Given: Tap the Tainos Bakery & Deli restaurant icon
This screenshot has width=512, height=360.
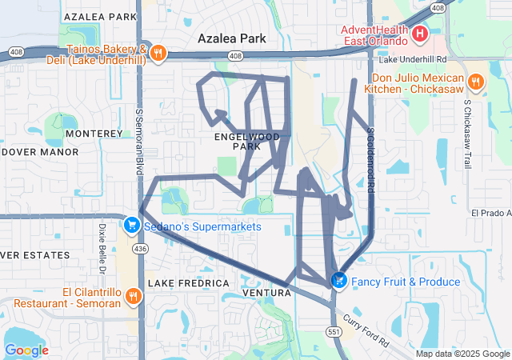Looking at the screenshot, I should pyautogui.click(x=159, y=53).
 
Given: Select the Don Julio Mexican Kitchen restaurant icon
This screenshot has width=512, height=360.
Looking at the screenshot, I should pyautogui.click(x=475, y=81).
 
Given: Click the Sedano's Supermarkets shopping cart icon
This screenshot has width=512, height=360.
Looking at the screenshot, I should pyautogui.click(x=131, y=226).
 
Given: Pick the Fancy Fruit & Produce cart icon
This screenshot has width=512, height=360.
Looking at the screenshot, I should pyautogui.click(x=339, y=281).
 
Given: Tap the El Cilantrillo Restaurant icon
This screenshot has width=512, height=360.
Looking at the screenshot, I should pyautogui.click(x=133, y=296).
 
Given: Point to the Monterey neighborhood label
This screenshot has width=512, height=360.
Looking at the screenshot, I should pyautogui.click(x=93, y=133).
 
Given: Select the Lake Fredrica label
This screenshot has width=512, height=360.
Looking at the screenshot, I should pyautogui.click(x=189, y=283).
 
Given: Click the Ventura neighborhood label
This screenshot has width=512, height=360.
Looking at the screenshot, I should pyautogui.click(x=266, y=293).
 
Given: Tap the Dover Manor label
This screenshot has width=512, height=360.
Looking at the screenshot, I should pyautogui.click(x=39, y=151).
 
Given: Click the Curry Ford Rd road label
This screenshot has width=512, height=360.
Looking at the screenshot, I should pyautogui.click(x=366, y=328).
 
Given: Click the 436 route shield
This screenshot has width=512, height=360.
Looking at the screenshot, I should pyautogui.click(x=142, y=250).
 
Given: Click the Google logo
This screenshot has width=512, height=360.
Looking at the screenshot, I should pyautogui.click(x=27, y=350).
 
